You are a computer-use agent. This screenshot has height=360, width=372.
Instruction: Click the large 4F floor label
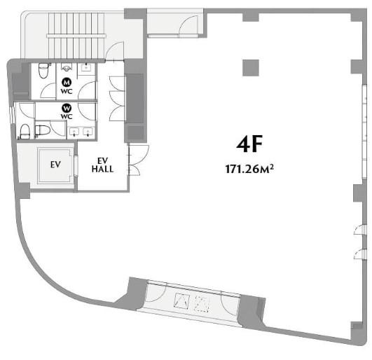coord(249,144)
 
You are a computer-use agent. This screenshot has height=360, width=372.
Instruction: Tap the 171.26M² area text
coord(249,169)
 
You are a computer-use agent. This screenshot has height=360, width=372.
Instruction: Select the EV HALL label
coord(102,165)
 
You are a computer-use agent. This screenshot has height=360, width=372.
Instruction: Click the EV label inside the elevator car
coord(55,165)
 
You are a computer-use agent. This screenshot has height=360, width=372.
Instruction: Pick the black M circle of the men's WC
coord(67,83)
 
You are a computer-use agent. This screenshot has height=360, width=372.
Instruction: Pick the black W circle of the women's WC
coord(67,108)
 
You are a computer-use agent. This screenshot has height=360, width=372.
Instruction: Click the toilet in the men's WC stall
coord(43,71)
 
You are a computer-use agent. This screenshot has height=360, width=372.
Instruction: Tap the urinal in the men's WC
coord(66,68)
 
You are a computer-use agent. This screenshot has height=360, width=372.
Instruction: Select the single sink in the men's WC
coord(85,68)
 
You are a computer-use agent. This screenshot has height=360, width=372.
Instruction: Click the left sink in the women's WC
coord(75,132)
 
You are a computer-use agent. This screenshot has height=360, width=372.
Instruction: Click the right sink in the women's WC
coord(88,132)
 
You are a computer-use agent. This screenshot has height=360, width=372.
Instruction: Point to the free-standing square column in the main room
coord(251,68)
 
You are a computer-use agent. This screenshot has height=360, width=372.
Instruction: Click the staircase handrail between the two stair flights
coord(76,36)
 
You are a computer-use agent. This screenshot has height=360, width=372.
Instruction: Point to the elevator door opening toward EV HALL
coord(76,165)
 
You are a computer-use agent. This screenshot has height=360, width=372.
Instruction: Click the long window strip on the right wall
coord(365,131)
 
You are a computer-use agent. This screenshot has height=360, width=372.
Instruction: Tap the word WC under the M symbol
coord(67,91)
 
